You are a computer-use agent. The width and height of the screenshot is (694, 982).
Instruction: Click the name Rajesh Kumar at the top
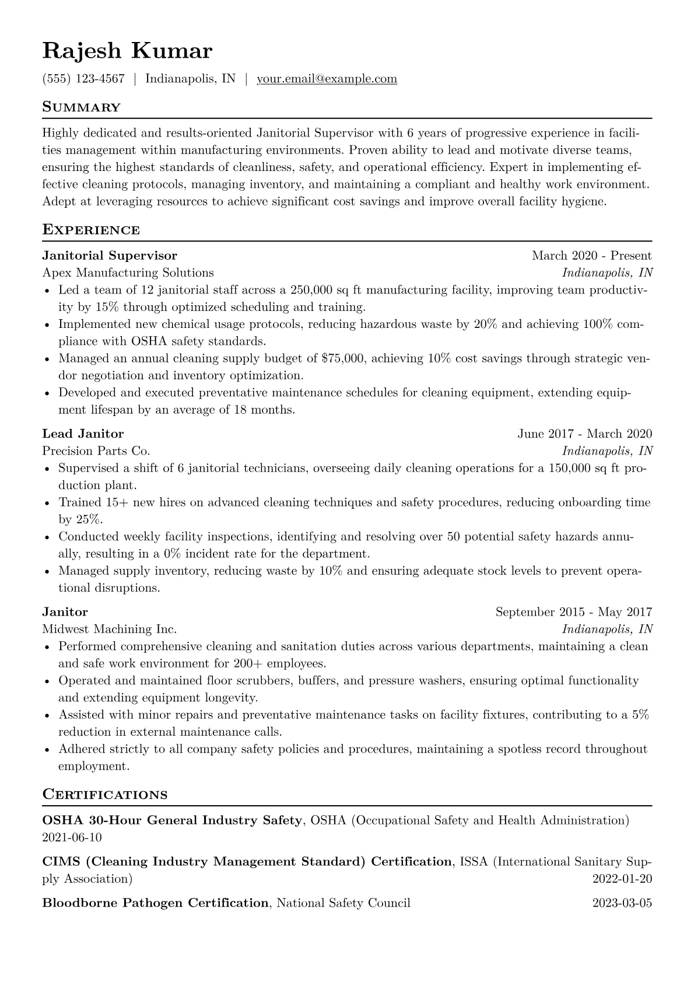(x=127, y=51)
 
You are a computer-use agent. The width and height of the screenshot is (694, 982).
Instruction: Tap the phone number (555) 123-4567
(x=83, y=79)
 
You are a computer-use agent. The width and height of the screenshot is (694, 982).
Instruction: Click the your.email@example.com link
(x=327, y=79)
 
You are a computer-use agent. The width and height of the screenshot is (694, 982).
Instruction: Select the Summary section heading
(x=81, y=107)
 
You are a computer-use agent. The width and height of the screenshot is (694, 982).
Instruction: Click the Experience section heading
(x=91, y=230)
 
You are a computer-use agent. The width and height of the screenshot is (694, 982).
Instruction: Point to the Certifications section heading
(x=105, y=795)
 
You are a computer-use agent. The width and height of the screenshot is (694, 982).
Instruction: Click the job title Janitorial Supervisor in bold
(x=110, y=256)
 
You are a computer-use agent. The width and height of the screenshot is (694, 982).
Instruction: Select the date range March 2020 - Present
(x=591, y=256)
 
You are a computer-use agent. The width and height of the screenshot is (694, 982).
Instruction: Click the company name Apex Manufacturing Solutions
(x=128, y=272)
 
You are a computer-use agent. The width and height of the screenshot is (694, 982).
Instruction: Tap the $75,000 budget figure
(x=344, y=358)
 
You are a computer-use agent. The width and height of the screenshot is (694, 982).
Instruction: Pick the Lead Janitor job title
(x=83, y=434)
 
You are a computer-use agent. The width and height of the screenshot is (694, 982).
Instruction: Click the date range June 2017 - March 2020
(x=584, y=434)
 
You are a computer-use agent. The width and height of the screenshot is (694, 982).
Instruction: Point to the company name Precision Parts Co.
(x=96, y=451)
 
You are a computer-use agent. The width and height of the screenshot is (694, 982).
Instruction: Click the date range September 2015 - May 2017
(x=573, y=612)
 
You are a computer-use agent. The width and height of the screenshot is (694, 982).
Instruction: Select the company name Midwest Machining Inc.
(x=109, y=629)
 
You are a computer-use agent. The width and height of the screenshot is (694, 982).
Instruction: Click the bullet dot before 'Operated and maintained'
(x=48, y=681)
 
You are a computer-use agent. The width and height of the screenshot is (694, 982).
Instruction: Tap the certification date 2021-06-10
(x=72, y=838)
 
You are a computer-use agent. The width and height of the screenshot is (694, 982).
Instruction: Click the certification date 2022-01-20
(x=622, y=879)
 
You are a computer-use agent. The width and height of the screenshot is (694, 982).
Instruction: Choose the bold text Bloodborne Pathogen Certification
(x=155, y=903)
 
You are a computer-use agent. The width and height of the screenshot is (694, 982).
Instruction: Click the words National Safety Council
(x=344, y=903)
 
